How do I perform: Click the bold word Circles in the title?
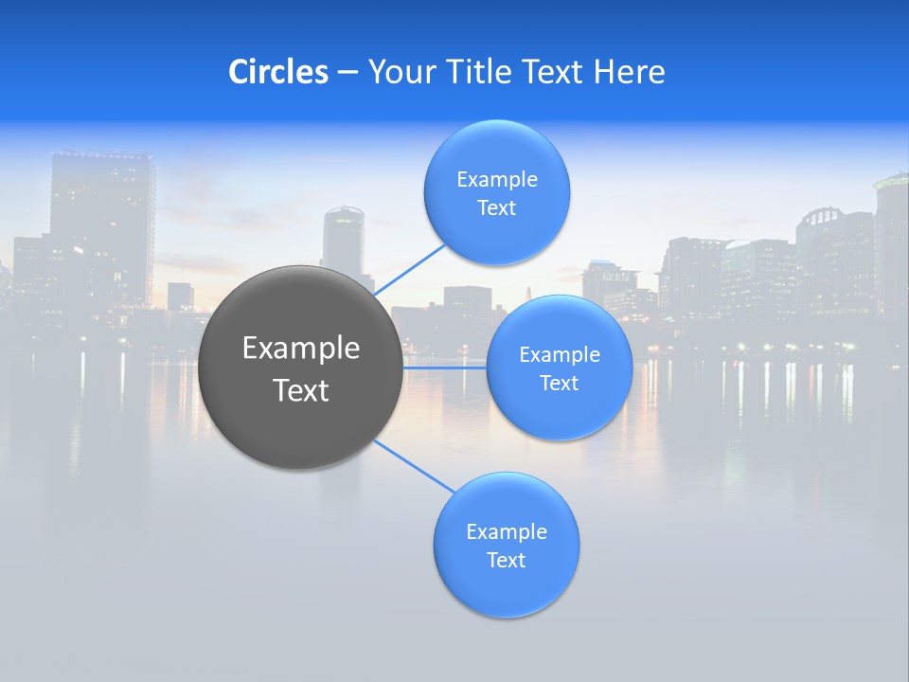tap(277, 72)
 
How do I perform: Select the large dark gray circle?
tap(300, 368)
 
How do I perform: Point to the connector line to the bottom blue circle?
tap(415, 466)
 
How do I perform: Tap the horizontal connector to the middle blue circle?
tap(444, 367)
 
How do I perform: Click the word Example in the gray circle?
tap(300, 349)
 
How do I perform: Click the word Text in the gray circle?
tap(300, 390)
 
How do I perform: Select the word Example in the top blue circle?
tap(496, 180)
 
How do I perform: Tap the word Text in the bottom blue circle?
tap(506, 560)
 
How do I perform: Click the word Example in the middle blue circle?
tap(559, 355)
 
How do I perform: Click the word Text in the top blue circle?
tap(496, 207)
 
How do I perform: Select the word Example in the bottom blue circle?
tap(506, 532)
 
